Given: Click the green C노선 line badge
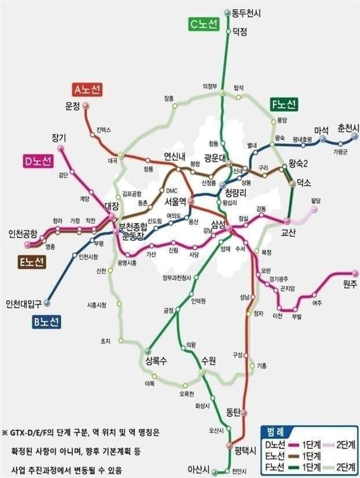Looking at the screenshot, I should coord(203,24).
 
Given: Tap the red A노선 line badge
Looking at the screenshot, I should coord(88,89).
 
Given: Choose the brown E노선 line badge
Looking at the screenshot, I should coord(31,262).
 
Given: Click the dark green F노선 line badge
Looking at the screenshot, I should coord(284,105).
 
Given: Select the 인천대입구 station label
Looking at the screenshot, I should coord(25,303).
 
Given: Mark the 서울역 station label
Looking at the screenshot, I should coord(175,202).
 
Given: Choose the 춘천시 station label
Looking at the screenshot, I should coord(348,128).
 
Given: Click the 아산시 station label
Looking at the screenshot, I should coord(198,469).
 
